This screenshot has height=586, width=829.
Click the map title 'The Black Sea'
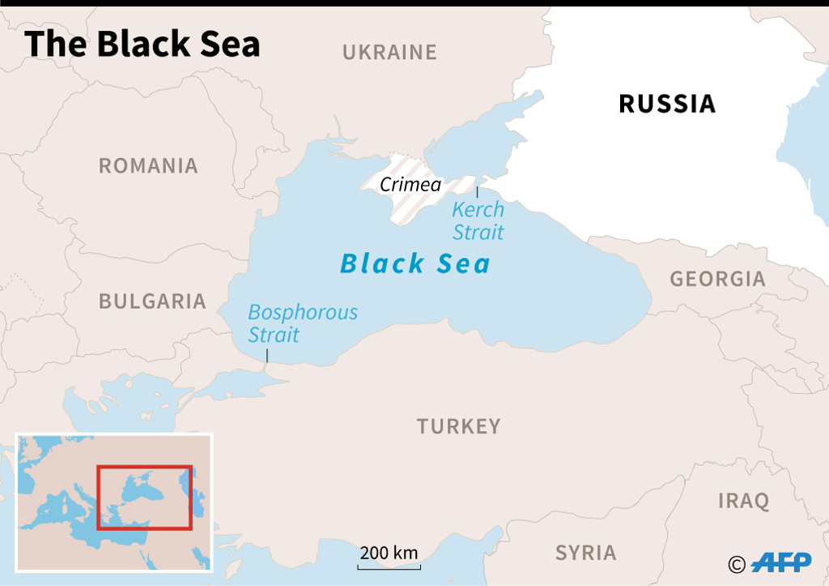(x=142, y=44)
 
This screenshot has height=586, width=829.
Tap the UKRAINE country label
(x=389, y=53)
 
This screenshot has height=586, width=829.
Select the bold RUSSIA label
(x=667, y=104)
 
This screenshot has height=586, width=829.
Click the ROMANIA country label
(x=148, y=166)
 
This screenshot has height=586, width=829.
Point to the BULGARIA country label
(x=152, y=302)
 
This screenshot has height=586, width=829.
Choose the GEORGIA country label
(x=717, y=279)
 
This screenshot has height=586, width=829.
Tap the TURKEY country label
(x=459, y=426)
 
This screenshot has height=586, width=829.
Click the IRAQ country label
(x=743, y=501)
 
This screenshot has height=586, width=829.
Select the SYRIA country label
(x=585, y=553)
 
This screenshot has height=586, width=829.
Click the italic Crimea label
(x=410, y=185)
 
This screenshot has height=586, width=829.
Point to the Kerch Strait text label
(x=478, y=220)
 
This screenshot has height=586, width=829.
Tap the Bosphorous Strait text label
(x=302, y=323)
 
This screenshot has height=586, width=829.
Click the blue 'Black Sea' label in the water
(x=415, y=263)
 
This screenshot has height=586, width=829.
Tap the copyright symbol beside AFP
(x=737, y=563)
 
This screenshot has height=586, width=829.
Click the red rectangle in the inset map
(x=144, y=497)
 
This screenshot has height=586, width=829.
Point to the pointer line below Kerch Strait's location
(x=477, y=192)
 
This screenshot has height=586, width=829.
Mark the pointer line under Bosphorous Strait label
(x=267, y=355)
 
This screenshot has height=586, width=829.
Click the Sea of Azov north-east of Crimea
(x=478, y=138)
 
